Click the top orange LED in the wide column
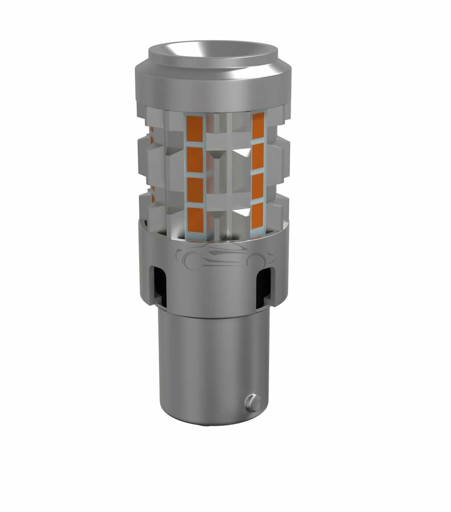click(x=194, y=128)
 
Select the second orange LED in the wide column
click(x=194, y=159)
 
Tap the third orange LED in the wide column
click(x=194, y=190)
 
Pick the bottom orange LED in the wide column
click(x=194, y=220)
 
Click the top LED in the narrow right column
click(x=258, y=125)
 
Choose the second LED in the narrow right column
click(x=258, y=156)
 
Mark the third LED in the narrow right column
click(x=257, y=186)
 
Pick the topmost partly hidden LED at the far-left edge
click(x=151, y=134)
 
